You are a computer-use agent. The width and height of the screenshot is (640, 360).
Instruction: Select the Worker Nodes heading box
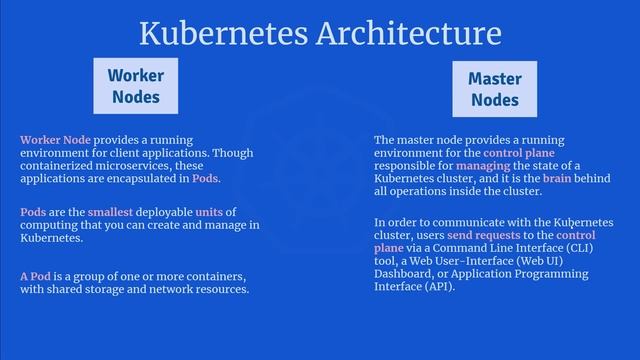(136, 86)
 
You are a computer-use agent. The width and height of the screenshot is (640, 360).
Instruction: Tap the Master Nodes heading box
(494, 88)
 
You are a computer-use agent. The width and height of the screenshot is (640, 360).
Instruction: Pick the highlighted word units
(209, 212)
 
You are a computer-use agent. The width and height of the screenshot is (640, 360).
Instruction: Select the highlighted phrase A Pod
(35, 276)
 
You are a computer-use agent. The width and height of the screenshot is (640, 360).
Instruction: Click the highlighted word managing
(482, 165)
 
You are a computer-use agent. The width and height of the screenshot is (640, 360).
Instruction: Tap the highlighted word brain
(529, 178)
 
